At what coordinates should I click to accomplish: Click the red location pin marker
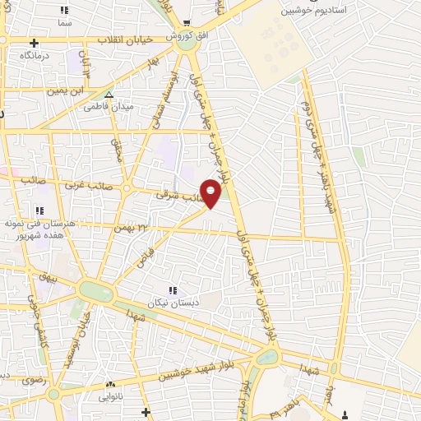[210, 192]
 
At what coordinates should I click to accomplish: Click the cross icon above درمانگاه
[34, 43]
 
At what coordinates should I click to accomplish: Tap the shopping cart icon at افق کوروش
[188, 24]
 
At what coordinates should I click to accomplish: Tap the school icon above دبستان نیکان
[172, 290]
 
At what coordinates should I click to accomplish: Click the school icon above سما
[65, 11]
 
